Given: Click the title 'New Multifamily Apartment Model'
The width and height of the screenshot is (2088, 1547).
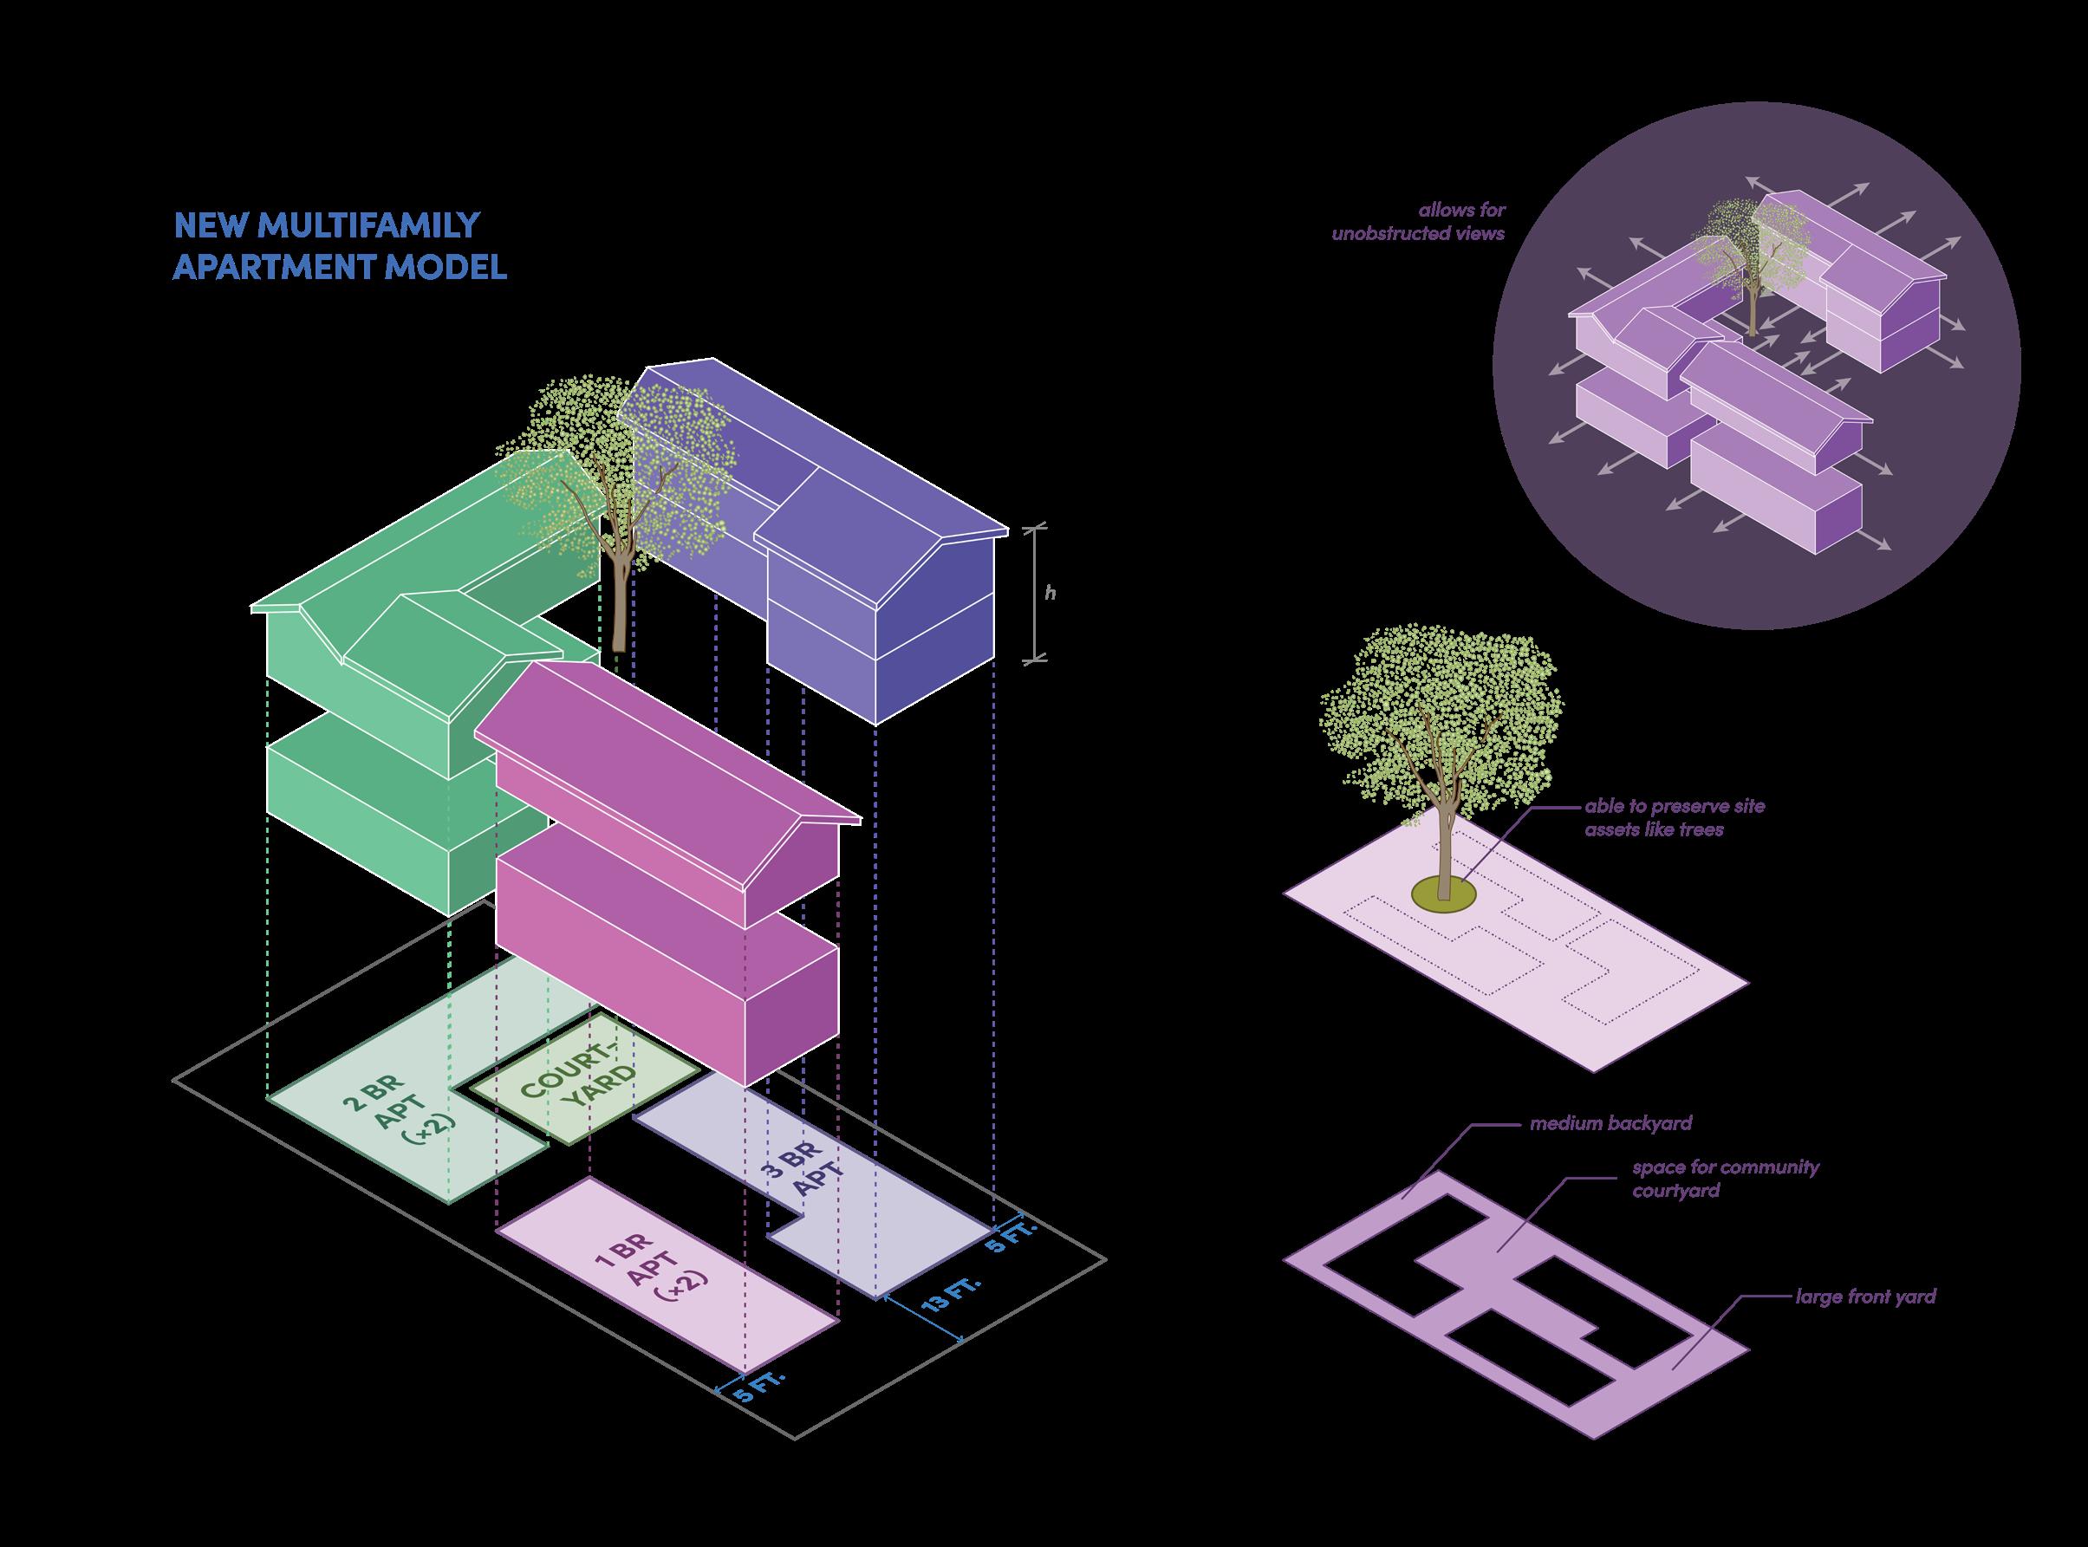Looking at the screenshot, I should [x=340, y=246].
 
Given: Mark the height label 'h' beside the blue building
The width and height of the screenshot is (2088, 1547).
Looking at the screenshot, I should [x=1051, y=593].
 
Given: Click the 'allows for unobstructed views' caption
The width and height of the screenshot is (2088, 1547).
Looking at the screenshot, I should [x=1418, y=222].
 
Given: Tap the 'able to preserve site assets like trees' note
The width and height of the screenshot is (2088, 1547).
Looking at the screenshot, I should [x=1675, y=817].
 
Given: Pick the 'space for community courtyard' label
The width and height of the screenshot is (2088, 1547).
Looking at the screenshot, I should [x=1726, y=1179].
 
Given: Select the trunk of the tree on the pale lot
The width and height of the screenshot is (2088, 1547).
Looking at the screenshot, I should [x=1443, y=842].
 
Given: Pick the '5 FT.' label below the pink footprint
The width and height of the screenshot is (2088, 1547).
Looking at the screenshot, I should [x=758, y=1405].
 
